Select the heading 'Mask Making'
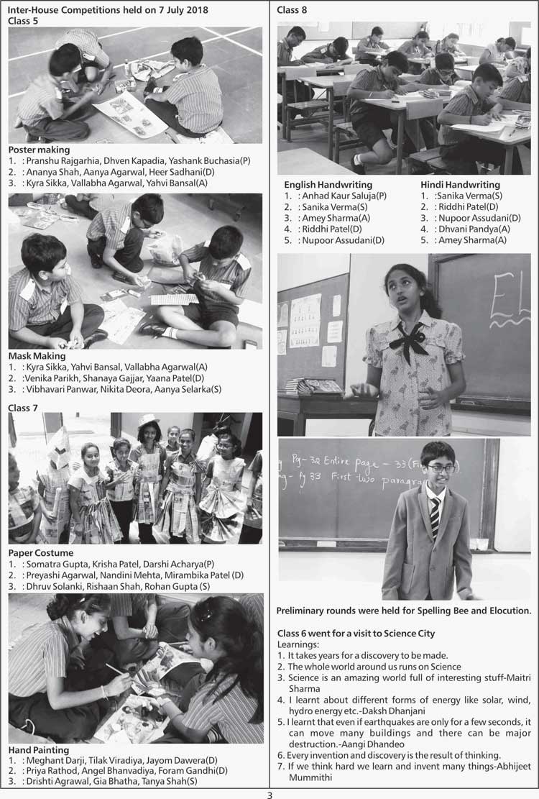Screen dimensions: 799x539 coord(37,355)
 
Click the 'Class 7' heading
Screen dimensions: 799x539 coord(23,408)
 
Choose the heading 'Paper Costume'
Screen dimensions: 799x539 coord(41,553)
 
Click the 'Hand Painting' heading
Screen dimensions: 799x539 coord(39,750)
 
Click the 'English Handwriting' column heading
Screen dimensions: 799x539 coord(328,185)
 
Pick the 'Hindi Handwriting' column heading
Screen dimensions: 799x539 coord(460,185)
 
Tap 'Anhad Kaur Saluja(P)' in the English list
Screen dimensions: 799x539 coord(345,196)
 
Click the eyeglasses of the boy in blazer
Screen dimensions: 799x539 coord(441,468)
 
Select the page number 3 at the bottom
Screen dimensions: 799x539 coord(269,795)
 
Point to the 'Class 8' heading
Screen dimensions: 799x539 coord(292,9)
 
